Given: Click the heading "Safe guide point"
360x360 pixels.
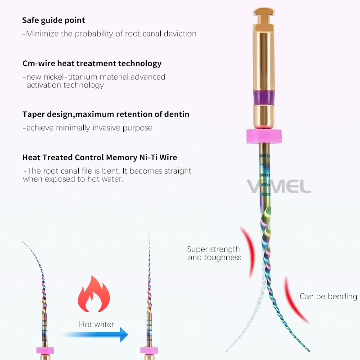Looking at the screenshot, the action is [54, 20].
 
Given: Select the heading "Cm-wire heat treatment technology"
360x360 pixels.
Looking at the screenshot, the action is [92, 63].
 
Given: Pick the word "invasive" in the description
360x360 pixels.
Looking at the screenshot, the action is [106, 128].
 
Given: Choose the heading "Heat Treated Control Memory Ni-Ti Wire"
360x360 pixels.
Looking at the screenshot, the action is [99, 157].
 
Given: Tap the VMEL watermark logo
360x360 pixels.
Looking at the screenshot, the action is [279, 186].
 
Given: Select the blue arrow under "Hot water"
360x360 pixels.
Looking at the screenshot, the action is [95, 335].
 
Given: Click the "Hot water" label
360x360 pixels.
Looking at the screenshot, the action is [96, 324].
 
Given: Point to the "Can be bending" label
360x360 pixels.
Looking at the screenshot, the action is [328, 297].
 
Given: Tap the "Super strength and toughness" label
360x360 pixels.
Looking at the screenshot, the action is [214, 253].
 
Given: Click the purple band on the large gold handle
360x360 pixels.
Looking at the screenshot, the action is [264, 97].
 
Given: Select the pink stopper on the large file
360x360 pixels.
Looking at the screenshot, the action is [264, 136].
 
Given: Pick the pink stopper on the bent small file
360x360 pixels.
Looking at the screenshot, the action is [45, 350].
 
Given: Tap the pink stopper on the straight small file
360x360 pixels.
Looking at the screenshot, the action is [149, 350].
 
